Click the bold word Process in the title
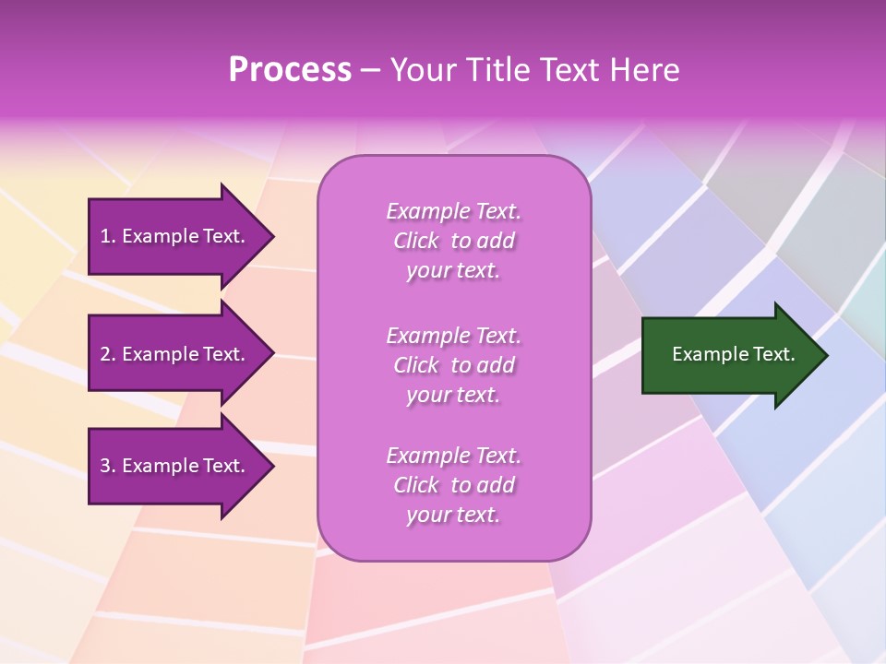click(290, 70)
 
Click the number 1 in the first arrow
click(105, 236)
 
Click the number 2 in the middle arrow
click(105, 354)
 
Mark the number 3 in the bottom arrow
click(105, 466)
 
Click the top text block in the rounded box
click(453, 241)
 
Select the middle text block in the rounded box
click(453, 365)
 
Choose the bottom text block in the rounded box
click(453, 485)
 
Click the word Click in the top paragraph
click(416, 241)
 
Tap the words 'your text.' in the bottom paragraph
click(453, 515)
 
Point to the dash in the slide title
click(370, 70)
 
